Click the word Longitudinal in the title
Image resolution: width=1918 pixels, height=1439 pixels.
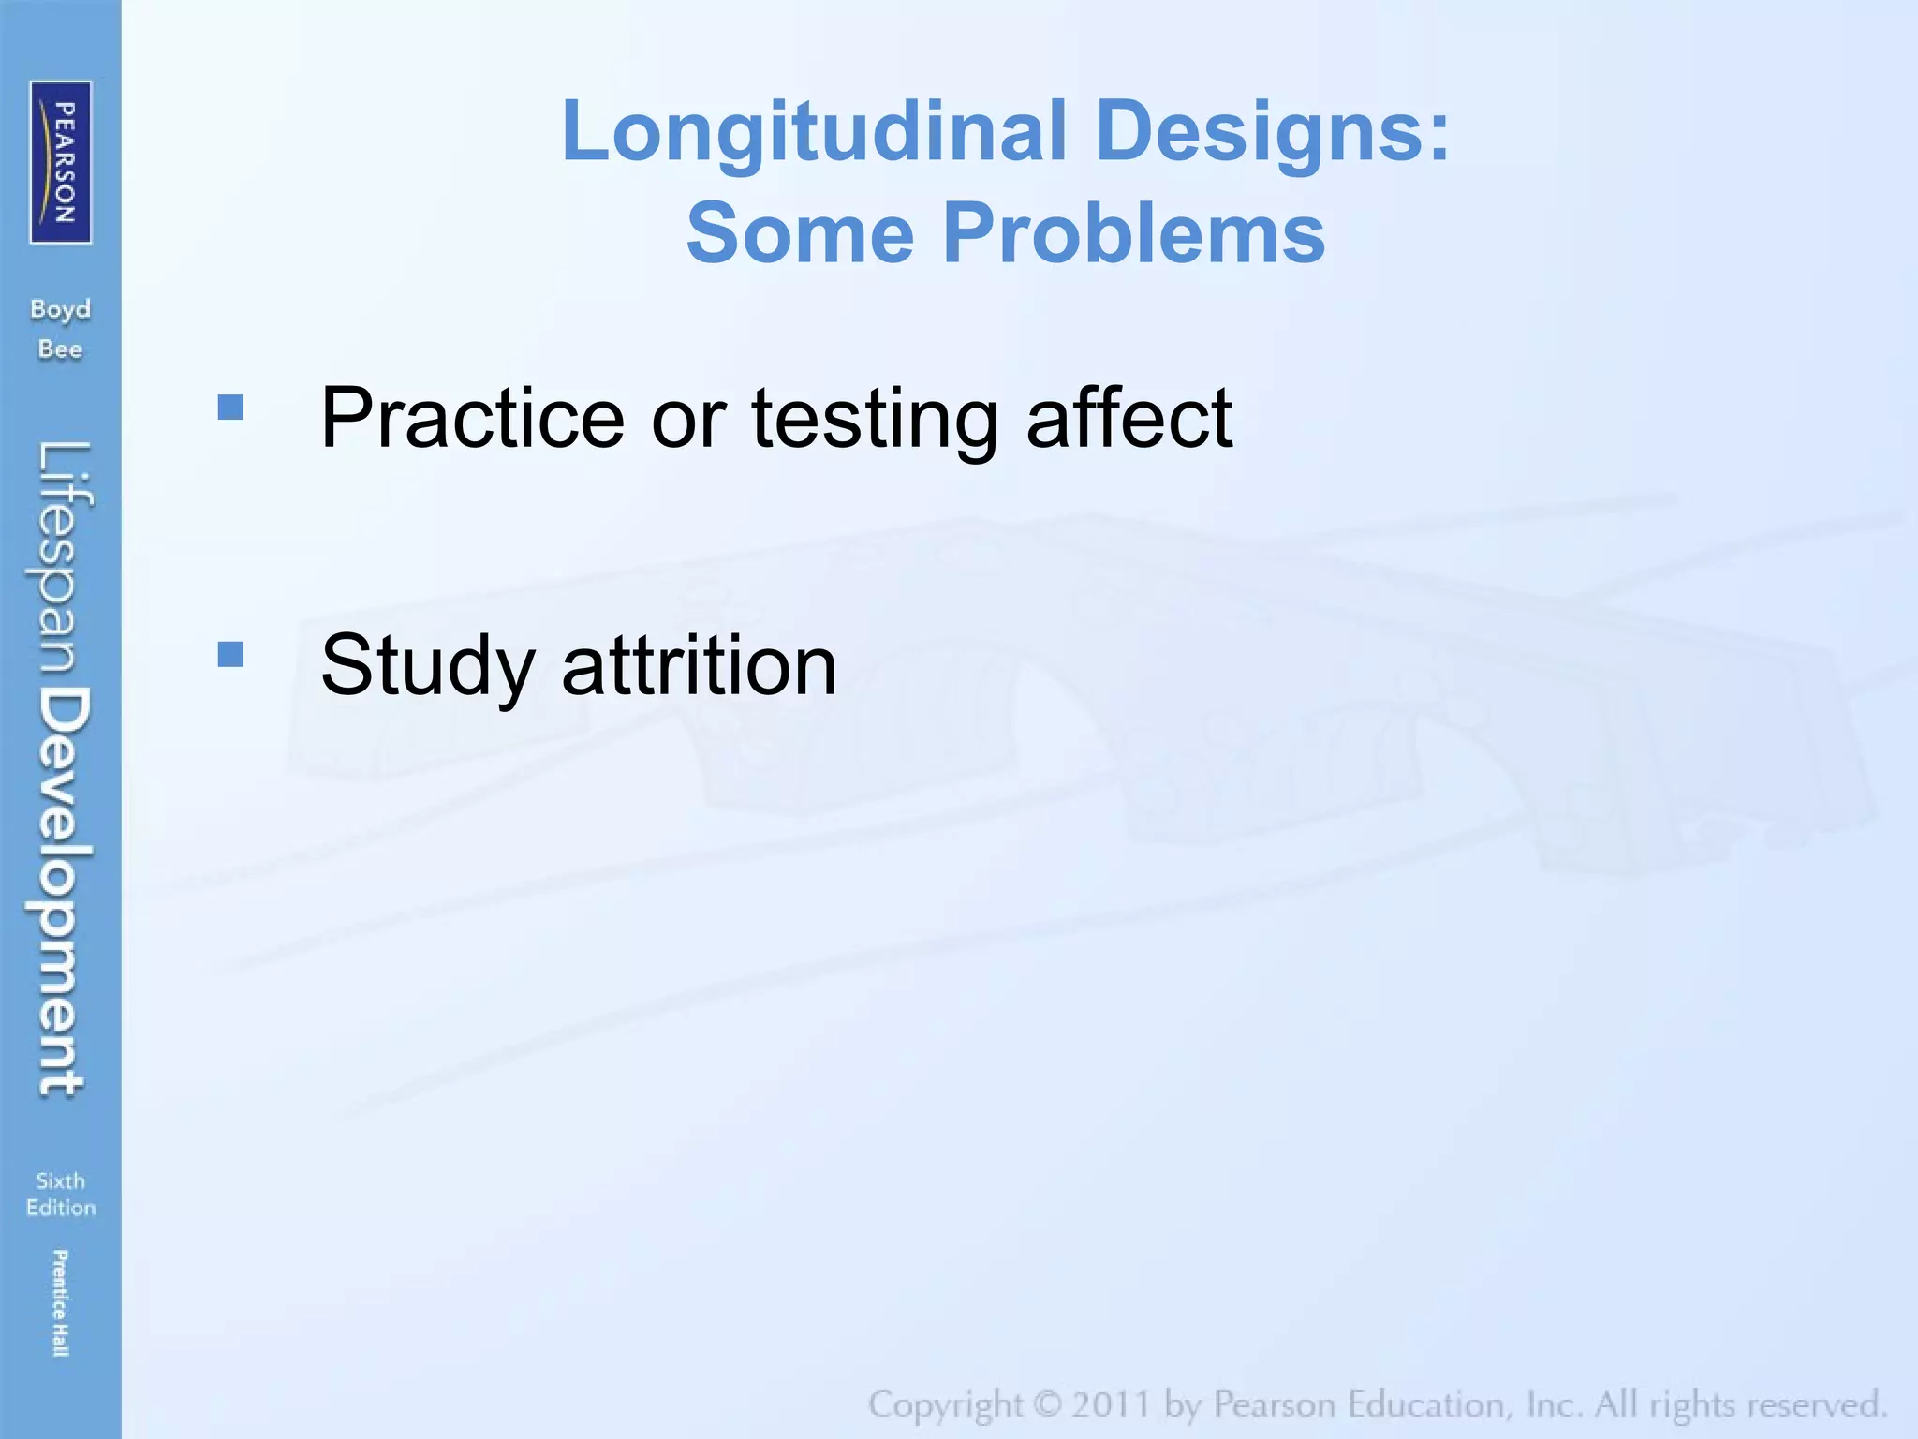(815, 131)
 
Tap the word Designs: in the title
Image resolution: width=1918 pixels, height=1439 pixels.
(1272, 131)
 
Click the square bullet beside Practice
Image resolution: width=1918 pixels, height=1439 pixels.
(230, 407)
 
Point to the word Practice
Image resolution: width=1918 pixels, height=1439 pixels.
(472, 418)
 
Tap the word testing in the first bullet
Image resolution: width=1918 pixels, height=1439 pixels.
(874, 420)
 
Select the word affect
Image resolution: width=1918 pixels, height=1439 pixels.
(1129, 418)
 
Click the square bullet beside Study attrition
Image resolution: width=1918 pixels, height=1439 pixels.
(230, 654)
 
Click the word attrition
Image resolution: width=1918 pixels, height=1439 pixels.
(699, 665)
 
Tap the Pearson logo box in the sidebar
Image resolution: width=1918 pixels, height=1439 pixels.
(61, 162)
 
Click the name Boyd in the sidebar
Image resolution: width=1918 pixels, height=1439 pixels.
(61, 310)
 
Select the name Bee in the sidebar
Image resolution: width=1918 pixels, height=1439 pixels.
(61, 349)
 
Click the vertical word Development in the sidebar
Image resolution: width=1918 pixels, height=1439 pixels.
(64, 890)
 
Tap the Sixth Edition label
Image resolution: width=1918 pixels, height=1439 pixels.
(61, 1194)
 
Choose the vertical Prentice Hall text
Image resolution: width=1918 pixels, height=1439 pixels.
(60, 1302)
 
